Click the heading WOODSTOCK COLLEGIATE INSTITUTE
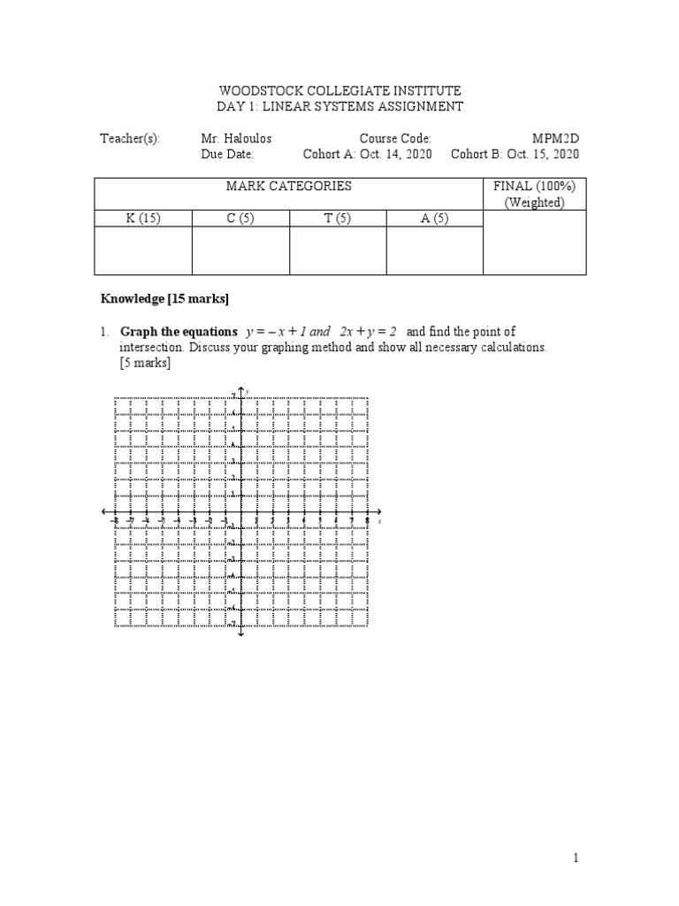[x=339, y=91]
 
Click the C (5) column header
[x=240, y=219]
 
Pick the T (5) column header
[x=338, y=219]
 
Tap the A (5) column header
[x=434, y=219]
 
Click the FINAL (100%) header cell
[x=534, y=195]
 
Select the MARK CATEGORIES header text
[x=288, y=187]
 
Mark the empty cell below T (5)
[x=338, y=250]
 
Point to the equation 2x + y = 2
[x=369, y=332]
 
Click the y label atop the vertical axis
[x=248, y=391]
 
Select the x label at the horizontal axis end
[x=379, y=522]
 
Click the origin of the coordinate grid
[x=240, y=511]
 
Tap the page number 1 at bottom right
[x=576, y=857]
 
